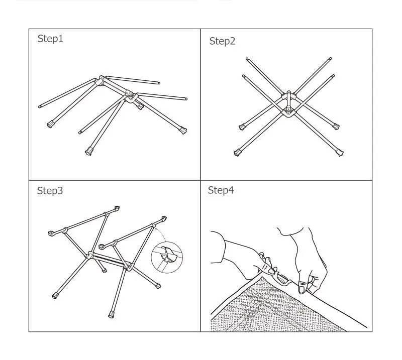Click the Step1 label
(x=50, y=39)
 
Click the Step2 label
(x=222, y=41)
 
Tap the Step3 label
(x=50, y=191)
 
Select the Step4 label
(x=221, y=190)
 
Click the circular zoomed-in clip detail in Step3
(x=167, y=257)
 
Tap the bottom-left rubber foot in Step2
(x=237, y=153)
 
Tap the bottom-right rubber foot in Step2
(x=340, y=153)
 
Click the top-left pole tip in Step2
(x=247, y=59)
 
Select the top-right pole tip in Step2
(x=331, y=59)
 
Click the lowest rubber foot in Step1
(x=88, y=152)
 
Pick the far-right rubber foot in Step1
(x=183, y=131)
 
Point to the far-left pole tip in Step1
(x=40, y=106)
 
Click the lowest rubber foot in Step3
(x=111, y=314)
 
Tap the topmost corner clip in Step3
(x=117, y=208)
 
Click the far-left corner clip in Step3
(x=51, y=233)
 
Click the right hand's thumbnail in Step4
(x=302, y=289)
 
